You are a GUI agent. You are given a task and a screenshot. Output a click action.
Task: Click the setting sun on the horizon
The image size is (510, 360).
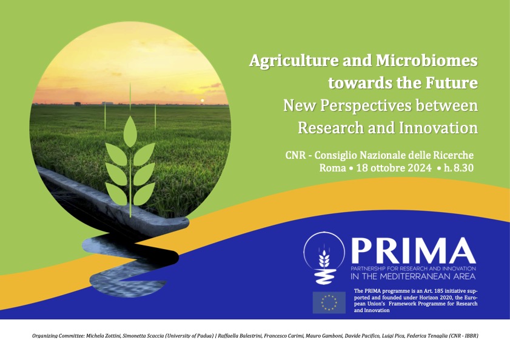coord(202,101)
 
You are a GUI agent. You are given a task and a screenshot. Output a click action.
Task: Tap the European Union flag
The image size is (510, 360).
coord(329,302)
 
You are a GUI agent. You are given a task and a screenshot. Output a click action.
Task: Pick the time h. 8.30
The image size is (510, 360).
coord(458,168)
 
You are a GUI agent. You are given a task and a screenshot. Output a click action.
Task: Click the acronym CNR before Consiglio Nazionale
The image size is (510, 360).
coord(295,155)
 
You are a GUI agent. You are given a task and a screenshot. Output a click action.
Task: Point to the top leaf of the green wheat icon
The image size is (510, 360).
coord(130,131)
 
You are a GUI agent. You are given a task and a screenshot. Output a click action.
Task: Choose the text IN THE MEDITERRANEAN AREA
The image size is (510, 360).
coord(413,277)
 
